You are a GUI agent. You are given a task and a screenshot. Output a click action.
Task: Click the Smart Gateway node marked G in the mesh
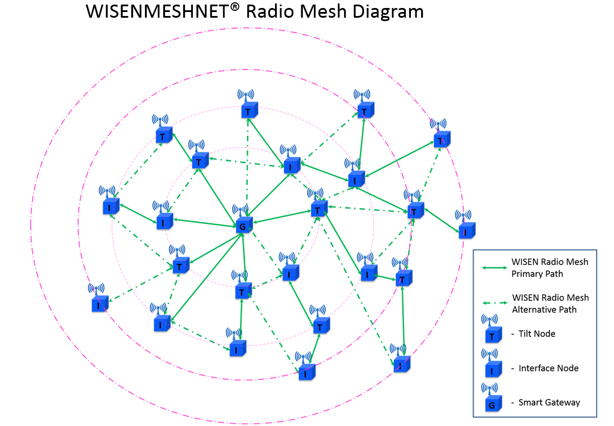(x=244, y=225)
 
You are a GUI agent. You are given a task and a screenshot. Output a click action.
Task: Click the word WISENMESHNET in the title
(x=156, y=11)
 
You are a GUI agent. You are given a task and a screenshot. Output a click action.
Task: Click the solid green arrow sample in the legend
(x=494, y=268)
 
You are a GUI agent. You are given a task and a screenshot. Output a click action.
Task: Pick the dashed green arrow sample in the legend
(x=494, y=303)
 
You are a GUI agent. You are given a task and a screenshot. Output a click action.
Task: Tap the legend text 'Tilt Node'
(x=537, y=333)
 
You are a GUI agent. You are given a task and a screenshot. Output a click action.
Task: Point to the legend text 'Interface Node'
(x=548, y=368)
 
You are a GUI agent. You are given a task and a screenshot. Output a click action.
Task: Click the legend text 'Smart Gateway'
(x=549, y=403)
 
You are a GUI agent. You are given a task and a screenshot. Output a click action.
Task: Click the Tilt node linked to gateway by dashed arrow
(x=249, y=110)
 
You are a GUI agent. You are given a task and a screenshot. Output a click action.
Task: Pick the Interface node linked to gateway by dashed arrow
(x=290, y=273)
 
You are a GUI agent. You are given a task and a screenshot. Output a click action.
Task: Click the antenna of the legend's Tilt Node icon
(x=490, y=320)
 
